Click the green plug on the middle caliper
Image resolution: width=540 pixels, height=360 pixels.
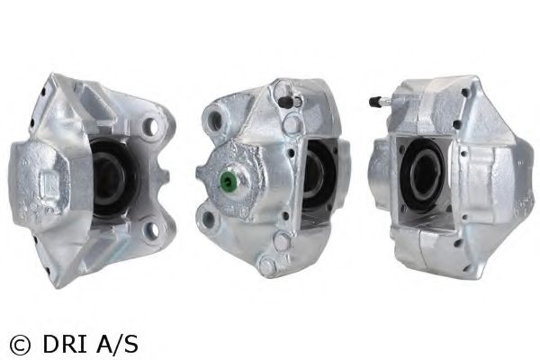(x=228, y=179)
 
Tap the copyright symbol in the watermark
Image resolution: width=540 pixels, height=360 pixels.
(x=20, y=345)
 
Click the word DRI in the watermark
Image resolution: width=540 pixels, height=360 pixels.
(x=65, y=344)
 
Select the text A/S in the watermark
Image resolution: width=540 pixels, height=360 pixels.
(x=117, y=344)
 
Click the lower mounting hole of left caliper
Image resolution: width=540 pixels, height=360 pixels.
(x=151, y=229)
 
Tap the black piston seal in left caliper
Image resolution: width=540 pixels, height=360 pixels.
(x=112, y=178)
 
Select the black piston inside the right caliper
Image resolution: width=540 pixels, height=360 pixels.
(x=422, y=175)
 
